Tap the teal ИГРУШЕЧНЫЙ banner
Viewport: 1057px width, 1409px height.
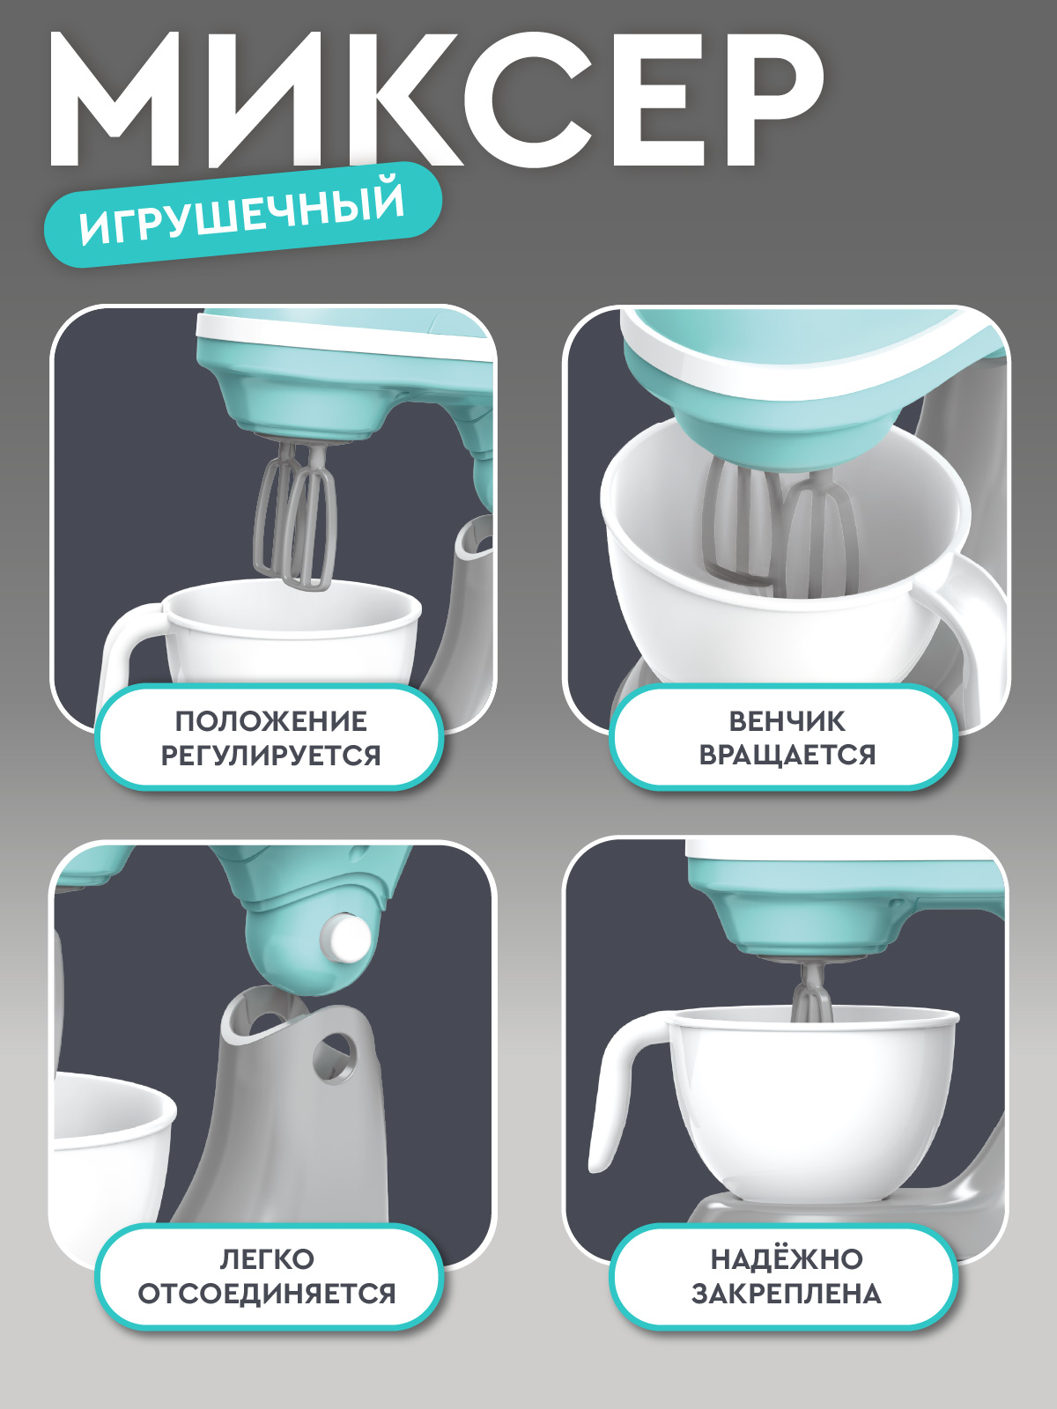pos(242,214)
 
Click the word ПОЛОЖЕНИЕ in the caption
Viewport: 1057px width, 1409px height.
pos(270,721)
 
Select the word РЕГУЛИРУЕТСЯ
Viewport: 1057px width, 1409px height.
pos(270,756)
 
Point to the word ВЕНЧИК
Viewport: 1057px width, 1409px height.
pos(787,721)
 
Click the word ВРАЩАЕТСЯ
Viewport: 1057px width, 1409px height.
pos(787,756)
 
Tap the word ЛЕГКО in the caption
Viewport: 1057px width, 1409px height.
pos(267,1259)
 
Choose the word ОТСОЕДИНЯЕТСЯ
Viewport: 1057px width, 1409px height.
pos(267,1294)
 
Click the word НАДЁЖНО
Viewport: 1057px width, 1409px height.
pos(787,1259)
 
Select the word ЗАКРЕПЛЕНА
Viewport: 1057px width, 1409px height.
pos(787,1294)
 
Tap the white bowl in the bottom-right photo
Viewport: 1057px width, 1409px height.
pos(810,1110)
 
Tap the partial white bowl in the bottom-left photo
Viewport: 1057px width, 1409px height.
pos(110,1145)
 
